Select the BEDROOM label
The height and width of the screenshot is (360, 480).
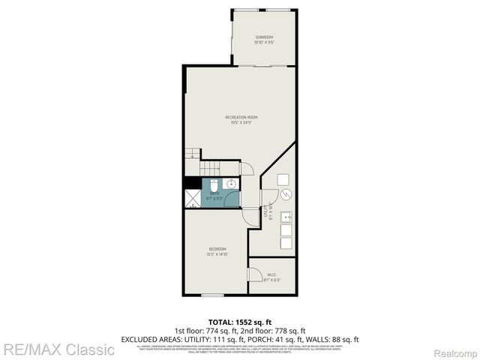[217, 249]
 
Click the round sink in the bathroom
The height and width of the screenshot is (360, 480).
[232, 184]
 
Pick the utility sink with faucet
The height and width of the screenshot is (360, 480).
[285, 217]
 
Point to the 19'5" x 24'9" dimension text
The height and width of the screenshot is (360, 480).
[241, 122]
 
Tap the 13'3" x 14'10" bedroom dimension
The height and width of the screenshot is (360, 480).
[217, 255]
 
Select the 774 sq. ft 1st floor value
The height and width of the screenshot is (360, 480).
[213, 331]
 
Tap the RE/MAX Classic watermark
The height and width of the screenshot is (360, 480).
[58, 349]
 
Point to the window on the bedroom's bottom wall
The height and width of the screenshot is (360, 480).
[213, 295]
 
